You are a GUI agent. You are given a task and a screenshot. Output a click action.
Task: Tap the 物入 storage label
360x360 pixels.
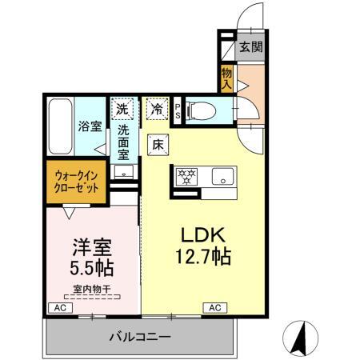pyautogui.click(x=227, y=78)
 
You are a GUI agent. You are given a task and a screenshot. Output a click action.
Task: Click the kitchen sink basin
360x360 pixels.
pyautogui.click(x=221, y=176)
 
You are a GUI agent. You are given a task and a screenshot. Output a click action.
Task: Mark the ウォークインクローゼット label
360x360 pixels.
pyautogui.click(x=78, y=180)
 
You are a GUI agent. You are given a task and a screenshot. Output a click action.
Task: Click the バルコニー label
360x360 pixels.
pyautogui.click(x=140, y=337)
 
